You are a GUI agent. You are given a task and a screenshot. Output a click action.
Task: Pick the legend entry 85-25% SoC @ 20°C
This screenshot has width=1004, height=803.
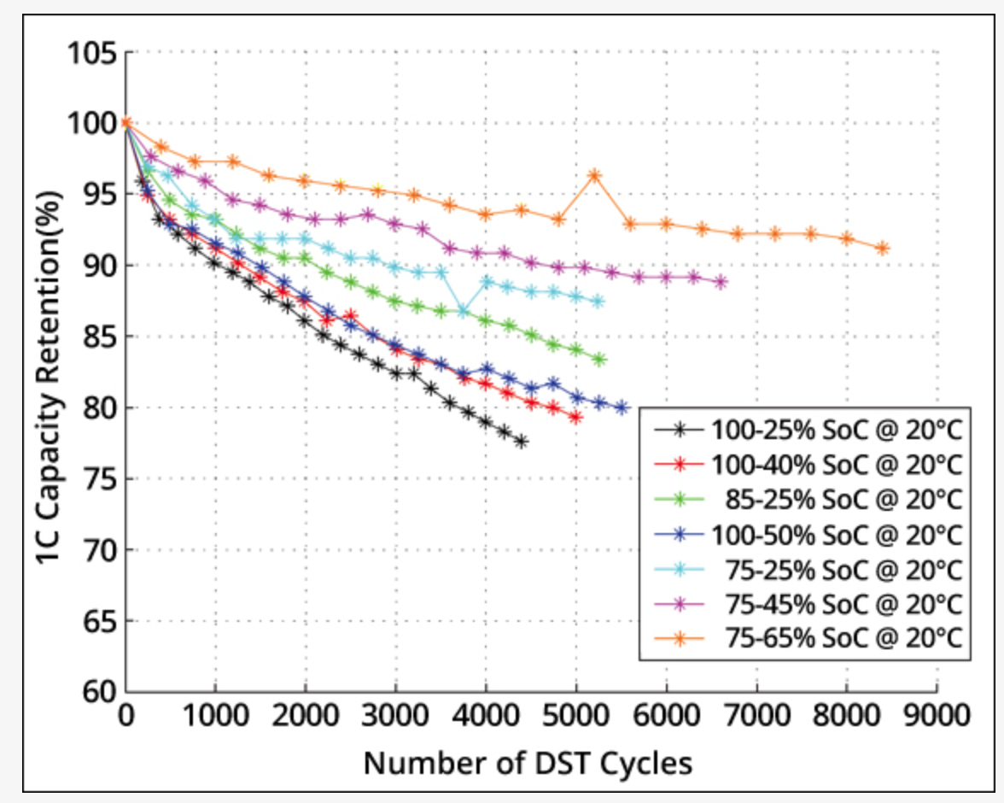click(x=843, y=499)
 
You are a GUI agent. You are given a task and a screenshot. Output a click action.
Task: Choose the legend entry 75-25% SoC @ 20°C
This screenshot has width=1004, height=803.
click(x=843, y=569)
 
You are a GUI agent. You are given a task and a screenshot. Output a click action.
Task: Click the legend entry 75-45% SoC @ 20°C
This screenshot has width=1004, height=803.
click(x=843, y=604)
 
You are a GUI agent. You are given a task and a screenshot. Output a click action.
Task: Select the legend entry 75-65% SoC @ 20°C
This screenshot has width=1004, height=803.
click(x=843, y=638)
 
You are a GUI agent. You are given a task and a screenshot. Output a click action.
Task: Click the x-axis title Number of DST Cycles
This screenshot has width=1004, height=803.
click(x=528, y=763)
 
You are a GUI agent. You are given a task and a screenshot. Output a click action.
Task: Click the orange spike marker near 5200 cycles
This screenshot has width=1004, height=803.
click(x=594, y=176)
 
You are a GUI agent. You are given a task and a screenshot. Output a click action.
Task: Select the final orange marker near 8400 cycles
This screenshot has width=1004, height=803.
click(x=883, y=249)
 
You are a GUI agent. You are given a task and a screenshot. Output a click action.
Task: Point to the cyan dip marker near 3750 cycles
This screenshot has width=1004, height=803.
click(x=464, y=312)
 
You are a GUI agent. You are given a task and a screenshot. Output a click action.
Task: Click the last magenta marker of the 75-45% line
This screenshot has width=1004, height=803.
click(x=721, y=282)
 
